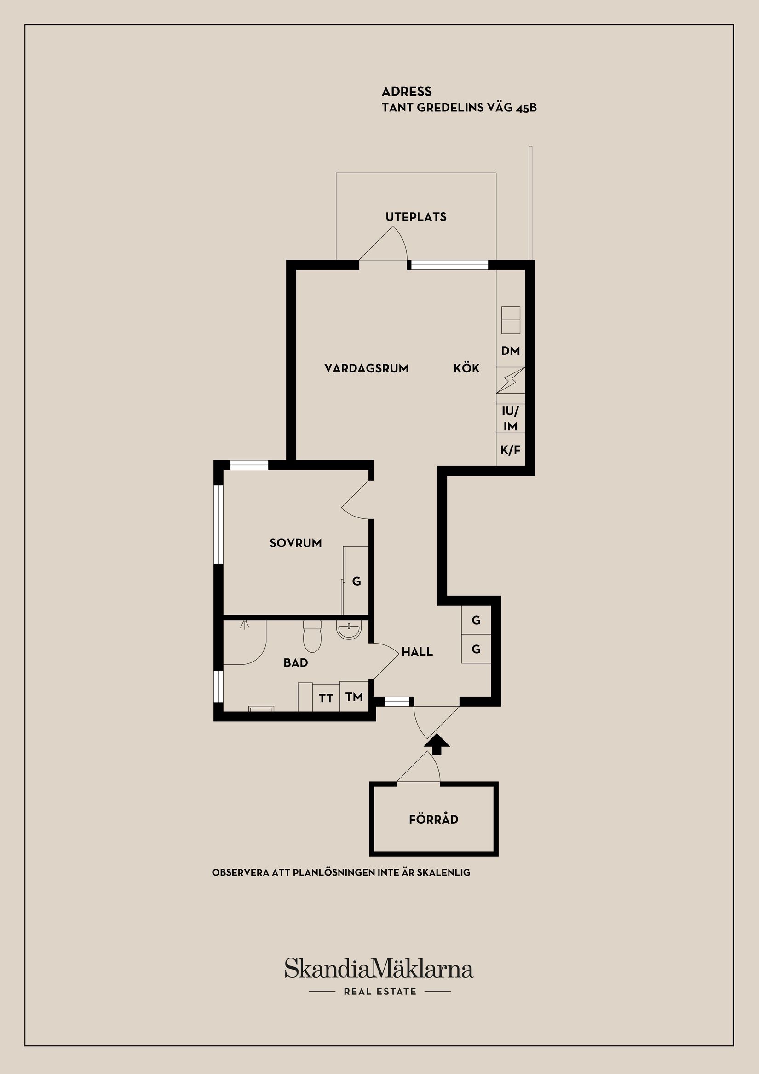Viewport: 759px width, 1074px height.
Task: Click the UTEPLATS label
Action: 415,216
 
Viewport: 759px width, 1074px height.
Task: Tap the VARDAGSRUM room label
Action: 367,368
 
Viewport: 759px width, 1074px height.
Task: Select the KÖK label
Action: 466,368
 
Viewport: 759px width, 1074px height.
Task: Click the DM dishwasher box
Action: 510,351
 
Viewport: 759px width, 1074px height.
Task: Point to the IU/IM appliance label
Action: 510,418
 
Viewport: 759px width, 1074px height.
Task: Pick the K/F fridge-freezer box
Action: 510,450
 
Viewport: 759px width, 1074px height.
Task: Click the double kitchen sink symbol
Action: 510,320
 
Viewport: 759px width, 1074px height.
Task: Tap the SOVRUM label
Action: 295,543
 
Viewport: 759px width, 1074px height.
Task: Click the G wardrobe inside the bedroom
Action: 356,581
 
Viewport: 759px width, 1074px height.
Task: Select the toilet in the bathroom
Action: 312,637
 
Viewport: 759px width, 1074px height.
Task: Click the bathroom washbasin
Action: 349,631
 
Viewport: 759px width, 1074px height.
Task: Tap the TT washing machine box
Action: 326,698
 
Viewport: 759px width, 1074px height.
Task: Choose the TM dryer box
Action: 354,697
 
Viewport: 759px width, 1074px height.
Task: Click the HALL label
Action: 417,651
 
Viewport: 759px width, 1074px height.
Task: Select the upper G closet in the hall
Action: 476,620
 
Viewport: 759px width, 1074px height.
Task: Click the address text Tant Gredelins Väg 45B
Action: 459,108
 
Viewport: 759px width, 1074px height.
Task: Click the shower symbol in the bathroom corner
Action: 244,625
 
